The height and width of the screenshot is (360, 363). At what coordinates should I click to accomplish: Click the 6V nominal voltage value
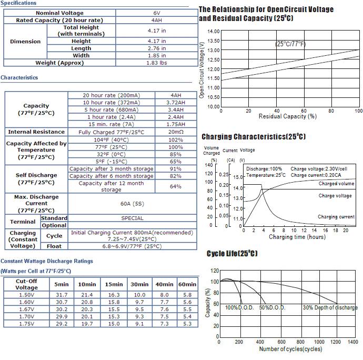[157, 13]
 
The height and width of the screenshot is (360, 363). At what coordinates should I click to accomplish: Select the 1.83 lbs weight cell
[157, 63]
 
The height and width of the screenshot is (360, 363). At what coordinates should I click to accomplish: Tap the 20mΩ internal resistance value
[176, 132]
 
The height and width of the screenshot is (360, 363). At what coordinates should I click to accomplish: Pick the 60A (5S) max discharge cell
[132, 204]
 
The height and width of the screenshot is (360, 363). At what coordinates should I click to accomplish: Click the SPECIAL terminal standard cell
[132, 218]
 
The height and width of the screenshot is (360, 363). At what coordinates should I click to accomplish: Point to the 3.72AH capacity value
[176, 103]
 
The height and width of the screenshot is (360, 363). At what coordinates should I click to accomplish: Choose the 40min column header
[164, 284]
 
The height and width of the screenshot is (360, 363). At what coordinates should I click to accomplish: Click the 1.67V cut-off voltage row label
[26, 309]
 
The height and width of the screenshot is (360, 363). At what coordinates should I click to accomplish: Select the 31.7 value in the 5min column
[62, 295]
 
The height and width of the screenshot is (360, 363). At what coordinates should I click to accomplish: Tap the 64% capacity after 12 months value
[176, 186]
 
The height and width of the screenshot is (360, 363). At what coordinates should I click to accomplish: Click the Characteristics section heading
[19, 77]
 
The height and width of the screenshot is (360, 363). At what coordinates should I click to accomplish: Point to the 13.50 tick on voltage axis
[214, 41]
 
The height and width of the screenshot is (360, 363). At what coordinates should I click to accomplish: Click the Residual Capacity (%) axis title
[288, 116]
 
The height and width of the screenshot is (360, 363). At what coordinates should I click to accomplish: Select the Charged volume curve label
[336, 184]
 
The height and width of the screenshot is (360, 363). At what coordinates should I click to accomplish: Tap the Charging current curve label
[336, 217]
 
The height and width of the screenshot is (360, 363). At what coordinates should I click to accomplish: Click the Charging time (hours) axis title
[297, 237]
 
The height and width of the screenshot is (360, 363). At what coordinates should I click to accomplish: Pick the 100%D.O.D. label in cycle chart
[239, 308]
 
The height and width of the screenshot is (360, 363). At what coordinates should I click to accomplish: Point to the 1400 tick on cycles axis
[353, 342]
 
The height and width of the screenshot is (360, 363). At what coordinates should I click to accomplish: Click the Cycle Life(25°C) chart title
[232, 254]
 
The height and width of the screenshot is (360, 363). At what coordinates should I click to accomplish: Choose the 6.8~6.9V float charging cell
[132, 246]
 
